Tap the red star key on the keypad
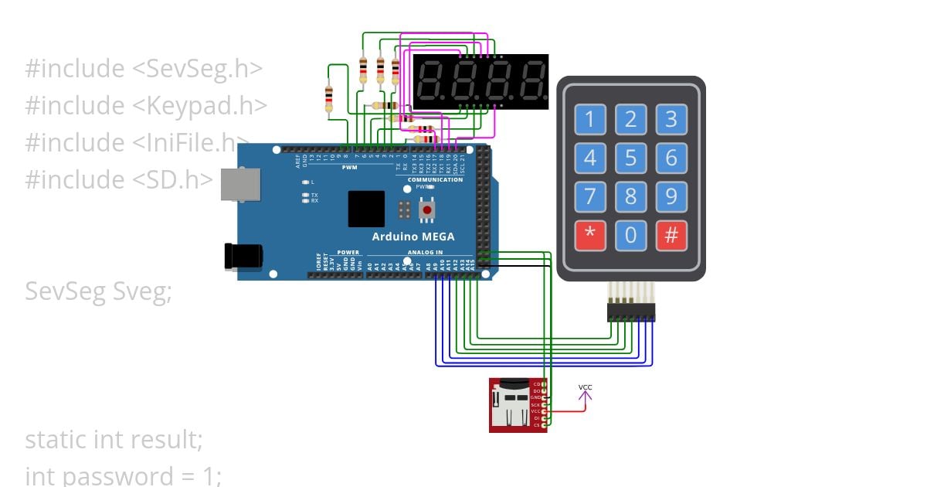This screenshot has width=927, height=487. click(x=590, y=235)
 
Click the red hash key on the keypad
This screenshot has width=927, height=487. click(x=671, y=235)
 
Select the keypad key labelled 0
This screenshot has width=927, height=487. click(x=630, y=235)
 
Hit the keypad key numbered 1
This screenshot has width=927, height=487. click(x=590, y=120)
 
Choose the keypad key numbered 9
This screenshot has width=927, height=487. click(x=671, y=196)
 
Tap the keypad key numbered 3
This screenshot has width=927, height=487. click(x=671, y=120)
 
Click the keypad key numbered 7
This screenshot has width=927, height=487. click(x=590, y=196)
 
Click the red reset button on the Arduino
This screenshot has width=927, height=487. click(x=426, y=209)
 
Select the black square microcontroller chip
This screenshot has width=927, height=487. click(x=366, y=209)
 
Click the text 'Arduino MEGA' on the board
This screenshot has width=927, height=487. click(x=413, y=237)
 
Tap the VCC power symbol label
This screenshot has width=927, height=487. click(x=586, y=387)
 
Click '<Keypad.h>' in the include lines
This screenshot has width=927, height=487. click(x=200, y=105)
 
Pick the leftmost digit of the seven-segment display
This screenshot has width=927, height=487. click(x=430, y=81)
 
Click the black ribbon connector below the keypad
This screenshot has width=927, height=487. click(x=631, y=312)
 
